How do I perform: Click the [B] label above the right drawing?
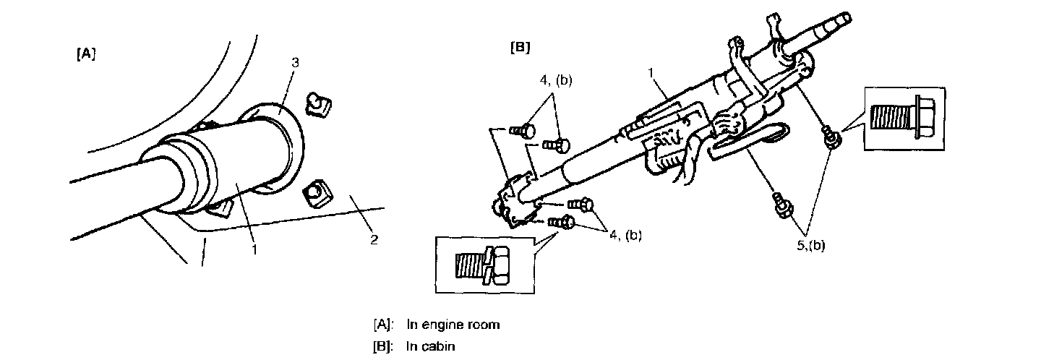[520, 48]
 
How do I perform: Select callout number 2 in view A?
[374, 239]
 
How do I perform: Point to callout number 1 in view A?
[254, 249]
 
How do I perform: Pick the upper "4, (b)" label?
[554, 80]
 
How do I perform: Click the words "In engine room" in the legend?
[453, 324]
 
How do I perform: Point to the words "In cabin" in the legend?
[430, 346]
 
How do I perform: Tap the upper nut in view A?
[317, 105]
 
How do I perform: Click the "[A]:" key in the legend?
[383, 324]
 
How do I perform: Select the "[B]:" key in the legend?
[383, 346]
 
